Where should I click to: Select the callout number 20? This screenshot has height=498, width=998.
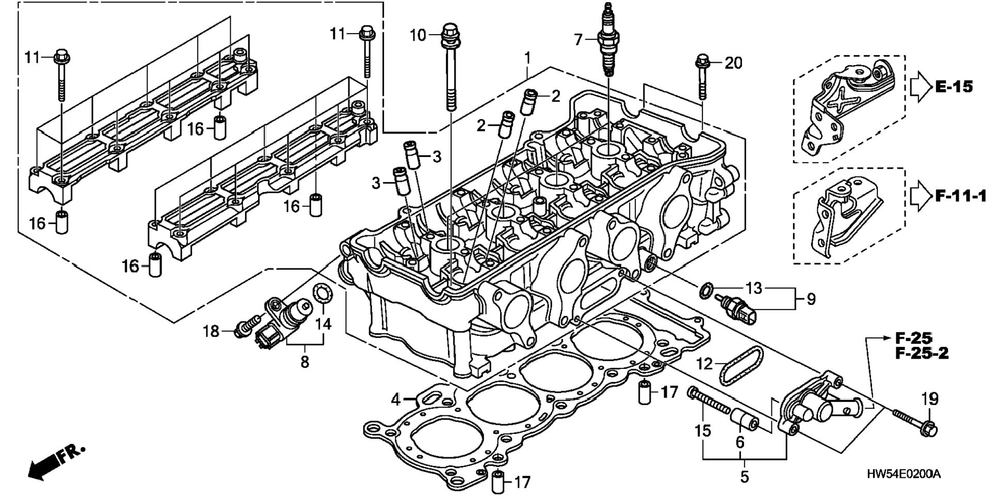733,63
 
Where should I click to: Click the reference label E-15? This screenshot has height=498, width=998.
954,86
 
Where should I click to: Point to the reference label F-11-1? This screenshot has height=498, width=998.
961,196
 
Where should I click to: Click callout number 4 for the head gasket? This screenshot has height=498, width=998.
395,398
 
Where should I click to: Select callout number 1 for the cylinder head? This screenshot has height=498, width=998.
527,58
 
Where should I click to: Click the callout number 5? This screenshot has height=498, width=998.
744,477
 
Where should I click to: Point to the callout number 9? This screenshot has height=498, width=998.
811,299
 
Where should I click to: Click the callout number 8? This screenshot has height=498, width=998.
304,362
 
